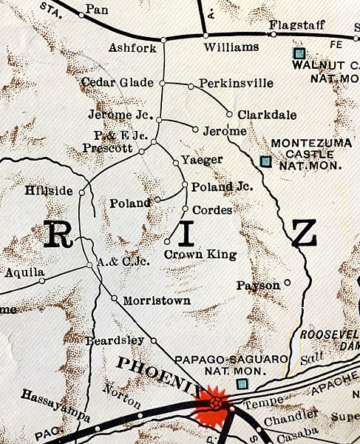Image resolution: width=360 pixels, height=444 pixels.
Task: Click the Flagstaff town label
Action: click(x=296, y=24)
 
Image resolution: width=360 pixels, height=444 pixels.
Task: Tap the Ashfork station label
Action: click(x=128, y=46)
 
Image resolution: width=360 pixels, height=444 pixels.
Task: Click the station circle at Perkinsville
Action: click(x=191, y=87)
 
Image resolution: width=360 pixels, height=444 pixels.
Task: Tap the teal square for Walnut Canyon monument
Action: click(x=299, y=53)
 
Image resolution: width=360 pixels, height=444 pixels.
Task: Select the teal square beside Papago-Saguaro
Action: click(x=241, y=383)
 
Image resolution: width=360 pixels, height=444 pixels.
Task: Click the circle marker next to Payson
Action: click(x=288, y=282)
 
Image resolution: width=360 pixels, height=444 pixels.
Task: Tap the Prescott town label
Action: click(x=109, y=148)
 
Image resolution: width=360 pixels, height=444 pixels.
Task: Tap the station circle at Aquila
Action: click(x=41, y=280)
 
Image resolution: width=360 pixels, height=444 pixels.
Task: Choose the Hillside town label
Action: click(x=49, y=191)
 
